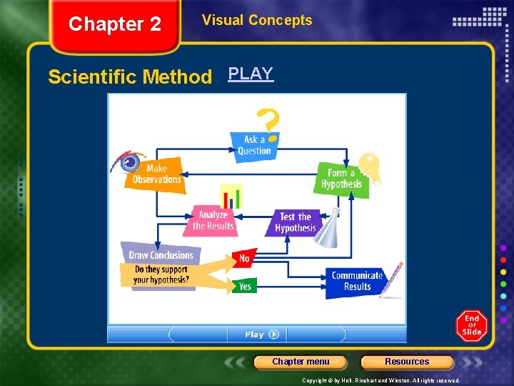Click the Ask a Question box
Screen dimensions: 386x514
point(254,145)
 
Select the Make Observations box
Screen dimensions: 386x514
point(157,174)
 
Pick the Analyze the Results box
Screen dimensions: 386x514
point(213,221)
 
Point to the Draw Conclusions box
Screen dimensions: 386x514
point(161,254)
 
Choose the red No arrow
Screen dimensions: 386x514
point(244,259)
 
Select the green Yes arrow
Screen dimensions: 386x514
point(244,286)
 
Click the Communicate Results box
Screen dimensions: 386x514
point(356,281)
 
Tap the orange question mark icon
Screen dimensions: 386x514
point(268,122)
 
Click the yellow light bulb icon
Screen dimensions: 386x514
point(370,167)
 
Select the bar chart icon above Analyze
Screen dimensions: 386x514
point(231,196)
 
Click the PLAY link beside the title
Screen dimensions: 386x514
point(251,74)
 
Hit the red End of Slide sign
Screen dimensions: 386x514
point(471,326)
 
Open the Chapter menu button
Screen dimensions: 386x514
point(301,362)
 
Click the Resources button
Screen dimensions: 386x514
point(407,362)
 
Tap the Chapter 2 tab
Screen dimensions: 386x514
point(115,25)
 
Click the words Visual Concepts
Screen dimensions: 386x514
point(257,20)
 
